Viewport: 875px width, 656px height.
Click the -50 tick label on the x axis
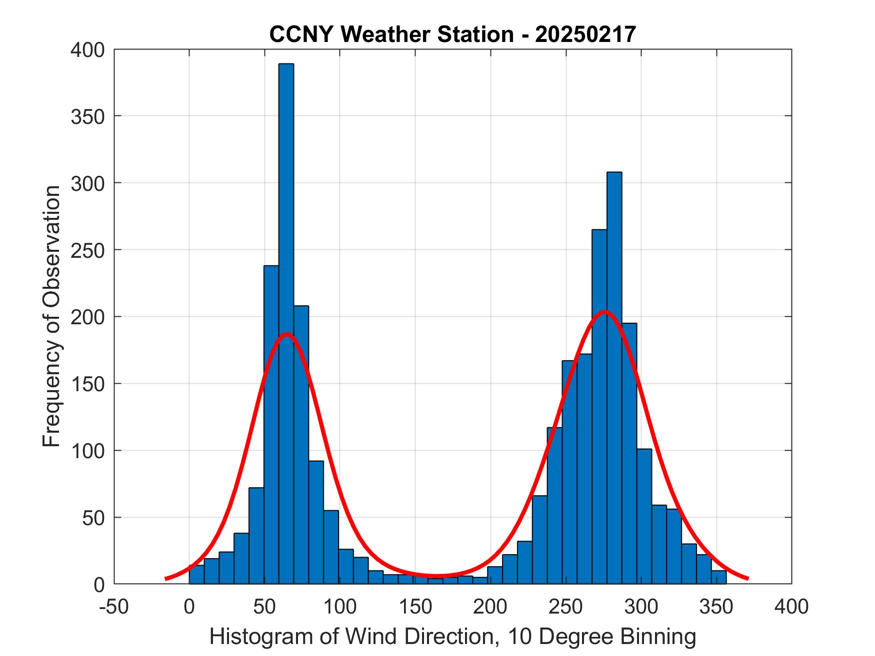pyautogui.click(x=114, y=607)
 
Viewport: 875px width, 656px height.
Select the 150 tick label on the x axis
pyautogui.click(x=415, y=607)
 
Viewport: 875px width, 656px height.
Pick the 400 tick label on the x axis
pyautogui.click(x=791, y=607)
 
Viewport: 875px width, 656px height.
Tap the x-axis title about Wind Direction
pyautogui.click(x=452, y=637)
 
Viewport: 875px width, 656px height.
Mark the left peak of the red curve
pyautogui.click(x=286, y=334)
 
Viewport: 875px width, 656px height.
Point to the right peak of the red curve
pyautogui.click(x=605, y=312)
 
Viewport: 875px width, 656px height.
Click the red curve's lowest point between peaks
pyautogui.click(x=435, y=576)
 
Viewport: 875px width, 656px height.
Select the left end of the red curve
pyautogui.click(x=166, y=579)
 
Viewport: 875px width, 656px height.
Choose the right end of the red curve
pyautogui.click(x=747, y=579)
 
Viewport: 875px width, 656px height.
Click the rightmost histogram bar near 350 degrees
pyautogui.click(x=718, y=577)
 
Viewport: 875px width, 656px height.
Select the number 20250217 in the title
pyautogui.click(x=585, y=34)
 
